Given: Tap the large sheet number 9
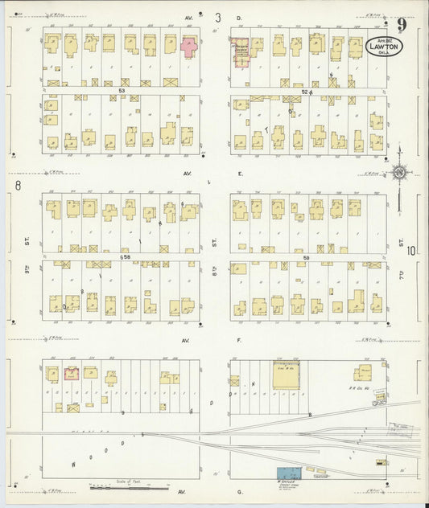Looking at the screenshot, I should (401, 23).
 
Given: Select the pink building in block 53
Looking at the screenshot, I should (190, 46).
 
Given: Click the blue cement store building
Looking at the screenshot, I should (288, 475).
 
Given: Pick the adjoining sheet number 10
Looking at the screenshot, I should (411, 251).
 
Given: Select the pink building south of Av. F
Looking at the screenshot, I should (72, 373).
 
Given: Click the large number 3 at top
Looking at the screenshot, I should (217, 17).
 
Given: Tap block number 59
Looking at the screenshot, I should (307, 256).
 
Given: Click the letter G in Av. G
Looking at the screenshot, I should (239, 490).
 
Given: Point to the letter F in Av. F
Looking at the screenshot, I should (239, 341).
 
